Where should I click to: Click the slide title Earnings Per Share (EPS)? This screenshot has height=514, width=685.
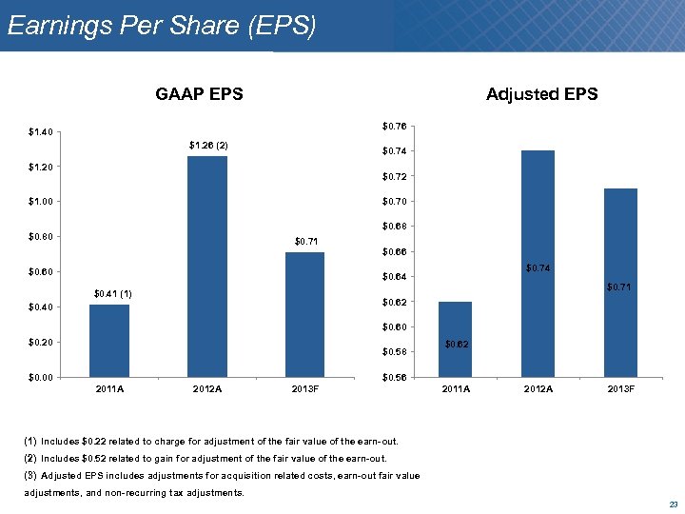coord(161,26)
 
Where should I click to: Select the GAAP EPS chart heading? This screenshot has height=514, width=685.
coord(199,93)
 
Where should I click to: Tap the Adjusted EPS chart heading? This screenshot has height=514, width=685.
coord(541,93)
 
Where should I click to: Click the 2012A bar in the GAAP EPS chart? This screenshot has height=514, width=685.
coord(207,267)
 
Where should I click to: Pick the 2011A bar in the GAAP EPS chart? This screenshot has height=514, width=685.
coord(109,341)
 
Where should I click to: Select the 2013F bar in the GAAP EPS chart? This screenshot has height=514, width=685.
coord(304,314)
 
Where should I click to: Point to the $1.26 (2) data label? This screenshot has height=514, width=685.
coord(207,145)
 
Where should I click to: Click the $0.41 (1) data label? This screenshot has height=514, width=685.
coord(111,293)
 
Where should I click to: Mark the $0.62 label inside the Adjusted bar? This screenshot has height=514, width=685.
coord(459,344)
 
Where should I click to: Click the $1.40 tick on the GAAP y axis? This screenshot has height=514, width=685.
coord(40,132)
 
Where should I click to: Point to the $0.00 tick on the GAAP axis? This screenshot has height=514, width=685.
coord(40,378)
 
